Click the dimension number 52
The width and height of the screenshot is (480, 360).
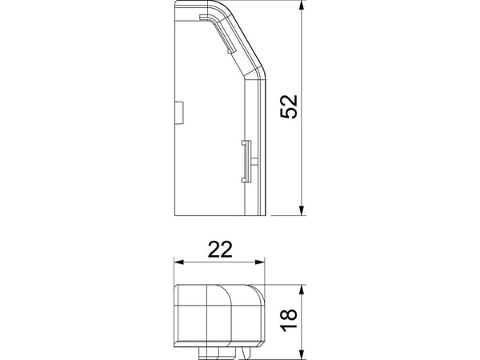click(289, 106)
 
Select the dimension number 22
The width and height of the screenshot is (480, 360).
click(220, 250)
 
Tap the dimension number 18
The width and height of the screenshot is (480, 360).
click(289, 319)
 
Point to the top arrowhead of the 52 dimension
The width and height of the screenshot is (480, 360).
click(302, 6)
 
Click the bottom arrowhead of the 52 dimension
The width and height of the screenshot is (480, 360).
click(302, 210)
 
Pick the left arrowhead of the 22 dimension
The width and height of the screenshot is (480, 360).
click(178, 262)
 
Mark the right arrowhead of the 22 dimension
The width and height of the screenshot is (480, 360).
click(259, 262)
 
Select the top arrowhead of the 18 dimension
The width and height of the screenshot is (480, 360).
click(302, 290)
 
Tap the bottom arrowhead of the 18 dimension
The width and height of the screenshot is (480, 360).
click(302, 354)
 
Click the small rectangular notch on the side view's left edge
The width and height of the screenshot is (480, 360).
click(178, 112)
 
